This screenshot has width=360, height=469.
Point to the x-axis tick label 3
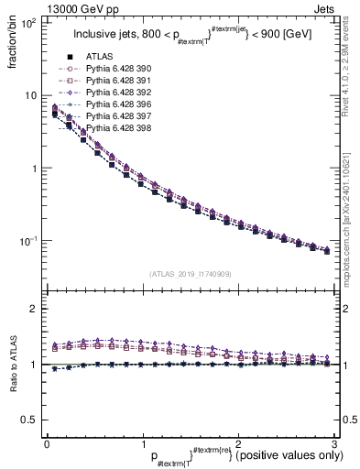333,444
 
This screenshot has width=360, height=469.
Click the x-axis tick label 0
46,444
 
